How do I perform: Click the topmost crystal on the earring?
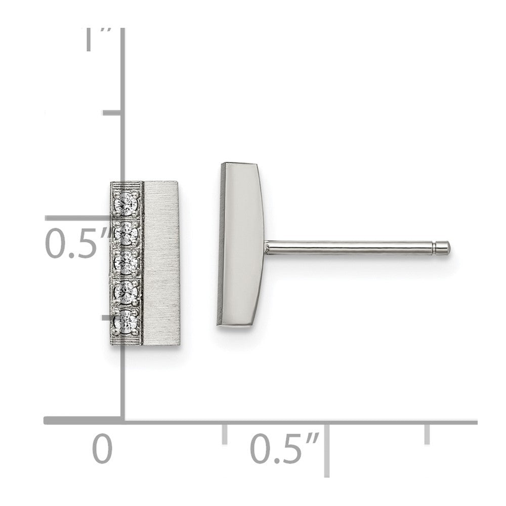pyautogui.click(x=127, y=203)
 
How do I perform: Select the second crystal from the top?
pyautogui.click(x=127, y=232)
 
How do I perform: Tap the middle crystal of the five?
pyautogui.click(x=127, y=262)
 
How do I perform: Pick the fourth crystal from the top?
pyautogui.click(x=127, y=291)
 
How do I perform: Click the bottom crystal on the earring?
pyautogui.click(x=127, y=321)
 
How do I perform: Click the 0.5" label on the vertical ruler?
pyautogui.click(x=77, y=243)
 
